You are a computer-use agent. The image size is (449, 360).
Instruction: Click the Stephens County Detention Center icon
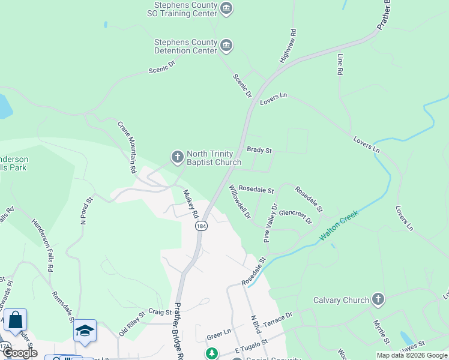(226, 46)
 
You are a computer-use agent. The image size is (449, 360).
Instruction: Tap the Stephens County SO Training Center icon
(226, 8)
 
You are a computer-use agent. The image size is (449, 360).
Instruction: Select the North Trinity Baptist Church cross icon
(177, 157)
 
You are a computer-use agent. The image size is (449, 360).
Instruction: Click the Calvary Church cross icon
(378, 299)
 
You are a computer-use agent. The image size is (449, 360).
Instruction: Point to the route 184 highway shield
(200, 226)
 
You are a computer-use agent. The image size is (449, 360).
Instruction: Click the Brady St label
(259, 149)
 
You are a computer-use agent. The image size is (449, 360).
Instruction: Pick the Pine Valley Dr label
(271, 223)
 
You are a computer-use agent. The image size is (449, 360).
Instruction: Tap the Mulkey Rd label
(191, 204)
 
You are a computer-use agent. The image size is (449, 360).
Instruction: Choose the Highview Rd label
(288, 46)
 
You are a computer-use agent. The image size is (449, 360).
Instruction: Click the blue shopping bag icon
(15, 319)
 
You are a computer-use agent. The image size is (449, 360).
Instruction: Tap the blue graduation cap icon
(85, 331)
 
